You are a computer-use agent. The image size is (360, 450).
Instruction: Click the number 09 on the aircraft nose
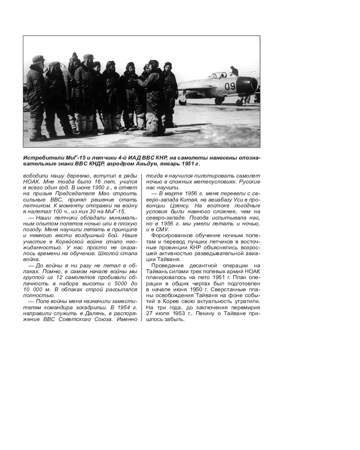(x=230, y=86)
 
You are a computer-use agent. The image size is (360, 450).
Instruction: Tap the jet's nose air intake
(x=254, y=84)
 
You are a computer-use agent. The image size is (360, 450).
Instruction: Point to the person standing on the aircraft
(x=234, y=71)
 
